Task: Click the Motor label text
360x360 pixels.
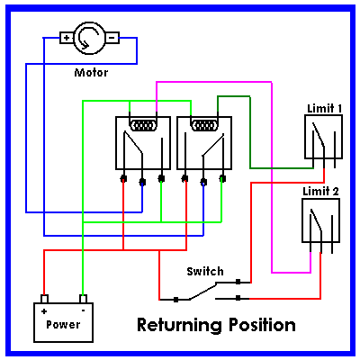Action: pos(91,73)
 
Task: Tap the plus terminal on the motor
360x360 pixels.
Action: pos(67,38)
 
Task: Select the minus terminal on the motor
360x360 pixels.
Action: pos(112,38)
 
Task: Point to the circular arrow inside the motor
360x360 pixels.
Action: pos(87,39)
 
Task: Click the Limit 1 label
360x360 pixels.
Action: pos(324,108)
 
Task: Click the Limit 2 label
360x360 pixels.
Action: pos(320,192)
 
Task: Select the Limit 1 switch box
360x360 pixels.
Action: pos(323,137)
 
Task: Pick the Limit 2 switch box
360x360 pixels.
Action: pos(320,220)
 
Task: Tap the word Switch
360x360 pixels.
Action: pos(205,271)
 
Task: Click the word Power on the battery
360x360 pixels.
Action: pos(63,325)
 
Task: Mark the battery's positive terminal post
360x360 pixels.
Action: pos(44,299)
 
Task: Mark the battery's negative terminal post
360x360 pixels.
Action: pos(83,299)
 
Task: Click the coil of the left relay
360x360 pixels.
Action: pos(143,125)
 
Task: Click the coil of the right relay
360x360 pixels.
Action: pos(204,125)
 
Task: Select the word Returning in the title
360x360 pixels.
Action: pos(178,325)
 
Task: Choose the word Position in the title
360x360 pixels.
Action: pos(262,325)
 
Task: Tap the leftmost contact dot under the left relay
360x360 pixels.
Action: pos(123,179)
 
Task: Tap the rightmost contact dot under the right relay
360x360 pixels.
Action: pos(222,179)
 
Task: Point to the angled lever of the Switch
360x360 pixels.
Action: pos(203,291)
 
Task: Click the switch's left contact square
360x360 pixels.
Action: pos(176,300)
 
